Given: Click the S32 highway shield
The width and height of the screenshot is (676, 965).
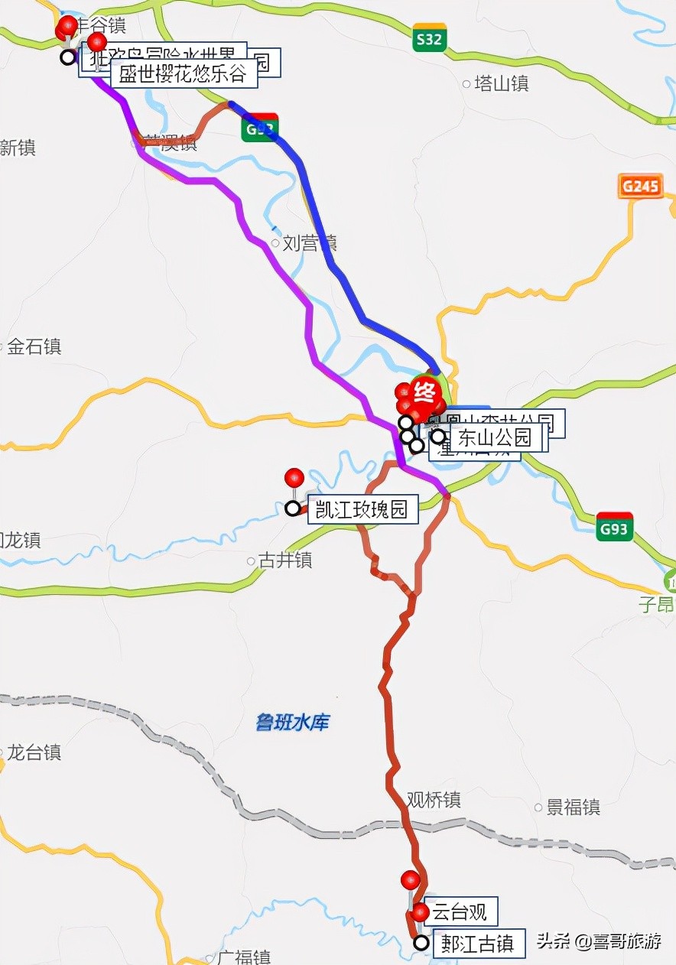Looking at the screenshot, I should pos(429,38).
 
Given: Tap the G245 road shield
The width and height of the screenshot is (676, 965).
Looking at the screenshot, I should pos(640,186).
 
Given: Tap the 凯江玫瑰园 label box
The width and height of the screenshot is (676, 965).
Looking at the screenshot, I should pos(362,509).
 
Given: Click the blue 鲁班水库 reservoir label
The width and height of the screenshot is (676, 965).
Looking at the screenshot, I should pos(292,722).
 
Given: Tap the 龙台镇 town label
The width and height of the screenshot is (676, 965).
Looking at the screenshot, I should pos(34,752).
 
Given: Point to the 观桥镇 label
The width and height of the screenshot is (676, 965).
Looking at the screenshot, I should pos(434,800).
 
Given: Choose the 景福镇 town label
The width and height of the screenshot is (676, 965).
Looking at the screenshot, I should pos(573,807).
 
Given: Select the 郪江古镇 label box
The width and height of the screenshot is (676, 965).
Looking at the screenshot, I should pos(479,944).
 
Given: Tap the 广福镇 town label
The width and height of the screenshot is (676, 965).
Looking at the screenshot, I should pos(242,957).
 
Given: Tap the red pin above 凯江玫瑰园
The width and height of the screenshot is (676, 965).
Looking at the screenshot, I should pos(294,478).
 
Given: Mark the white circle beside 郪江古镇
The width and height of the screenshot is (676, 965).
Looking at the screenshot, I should pos(421,943).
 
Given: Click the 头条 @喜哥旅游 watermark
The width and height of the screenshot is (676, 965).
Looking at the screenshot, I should pos(599,941).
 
